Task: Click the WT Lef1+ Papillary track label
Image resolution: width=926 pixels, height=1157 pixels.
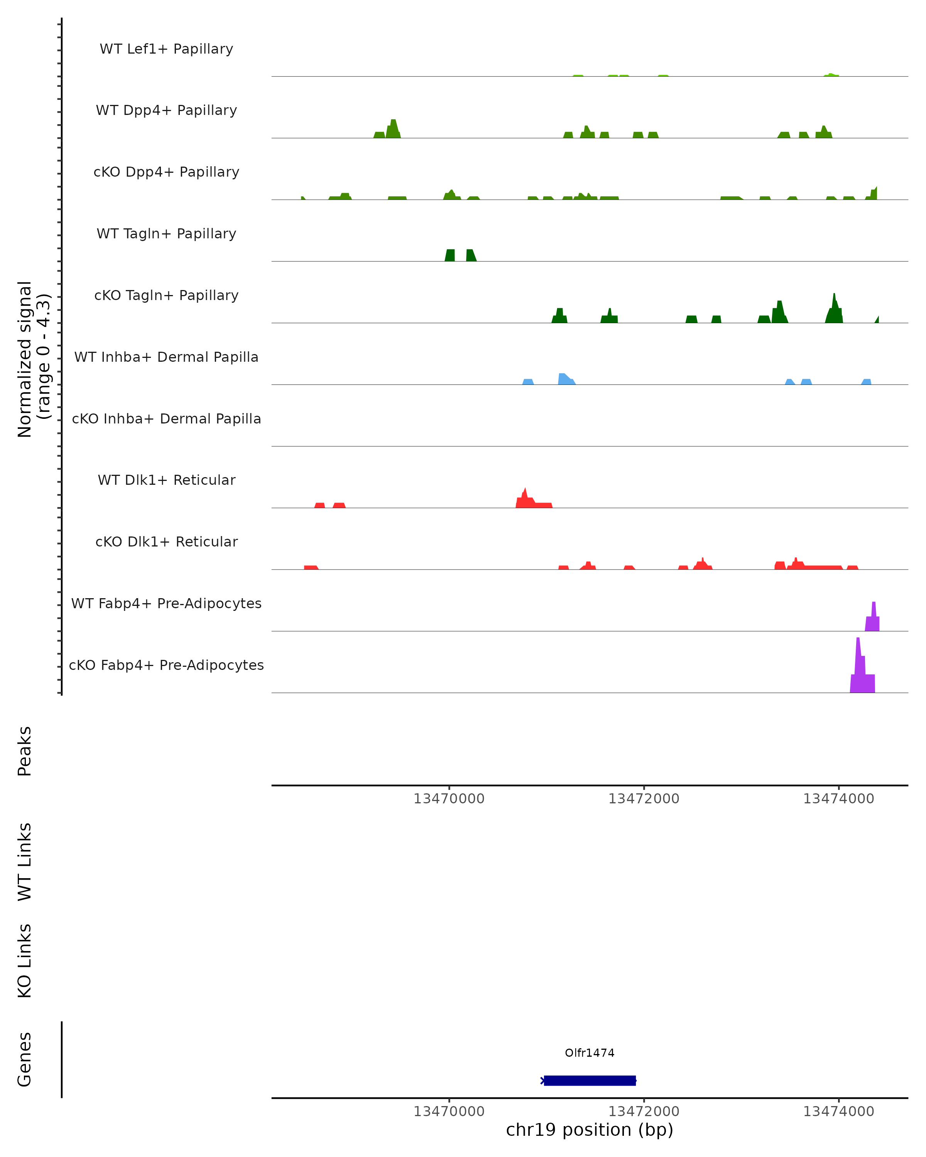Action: (x=166, y=49)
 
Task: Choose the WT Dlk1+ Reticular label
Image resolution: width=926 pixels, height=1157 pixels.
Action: (x=166, y=480)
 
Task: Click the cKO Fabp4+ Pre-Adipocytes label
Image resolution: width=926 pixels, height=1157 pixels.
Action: (x=166, y=665)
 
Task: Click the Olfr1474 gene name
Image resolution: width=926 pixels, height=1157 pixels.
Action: (x=590, y=1052)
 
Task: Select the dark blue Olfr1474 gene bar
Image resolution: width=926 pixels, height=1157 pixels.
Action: (x=590, y=1080)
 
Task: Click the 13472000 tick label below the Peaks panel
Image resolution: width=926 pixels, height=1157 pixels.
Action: (x=644, y=799)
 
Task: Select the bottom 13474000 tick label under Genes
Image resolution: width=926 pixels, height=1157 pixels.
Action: (x=838, y=1111)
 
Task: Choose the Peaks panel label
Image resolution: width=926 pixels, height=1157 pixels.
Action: (x=25, y=751)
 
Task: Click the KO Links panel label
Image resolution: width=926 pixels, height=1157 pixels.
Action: (x=25, y=961)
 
